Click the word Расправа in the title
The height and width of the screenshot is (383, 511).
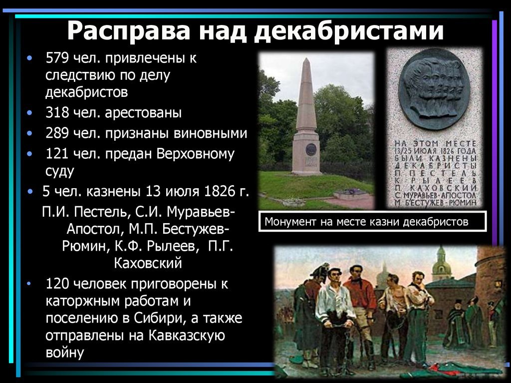pos(128,30)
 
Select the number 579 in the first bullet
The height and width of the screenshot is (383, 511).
pos(57,58)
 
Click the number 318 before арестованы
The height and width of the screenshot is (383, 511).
pos(57,112)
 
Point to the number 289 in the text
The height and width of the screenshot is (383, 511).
pos(57,133)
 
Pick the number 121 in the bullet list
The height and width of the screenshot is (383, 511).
pos(57,154)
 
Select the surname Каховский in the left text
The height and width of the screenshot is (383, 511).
pos(148,263)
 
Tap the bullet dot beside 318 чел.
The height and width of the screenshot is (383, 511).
pos(29,113)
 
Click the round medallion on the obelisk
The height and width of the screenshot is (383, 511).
pos(311,149)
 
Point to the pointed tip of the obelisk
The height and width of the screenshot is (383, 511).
pos(306,59)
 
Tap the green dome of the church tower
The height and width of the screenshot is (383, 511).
pos(441,268)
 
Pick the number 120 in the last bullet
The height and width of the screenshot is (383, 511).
pos(57,284)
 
